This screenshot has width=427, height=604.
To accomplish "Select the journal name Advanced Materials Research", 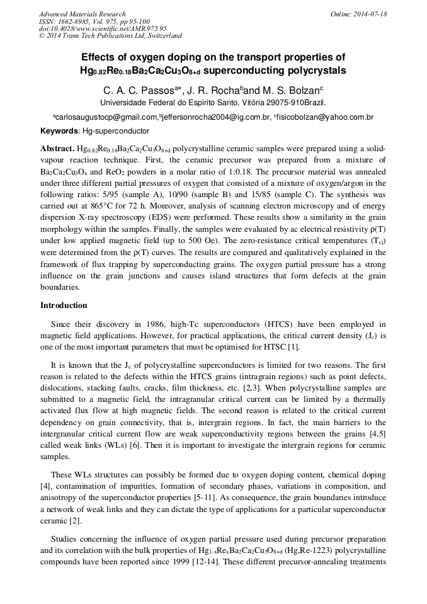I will pos(82,13).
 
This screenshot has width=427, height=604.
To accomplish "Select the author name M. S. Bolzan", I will pos(289,89).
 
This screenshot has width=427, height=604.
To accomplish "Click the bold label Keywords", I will pos(59,131).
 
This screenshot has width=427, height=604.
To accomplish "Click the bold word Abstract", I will pos(57,149).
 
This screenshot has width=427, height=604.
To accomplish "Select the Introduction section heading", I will pos(64,305).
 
